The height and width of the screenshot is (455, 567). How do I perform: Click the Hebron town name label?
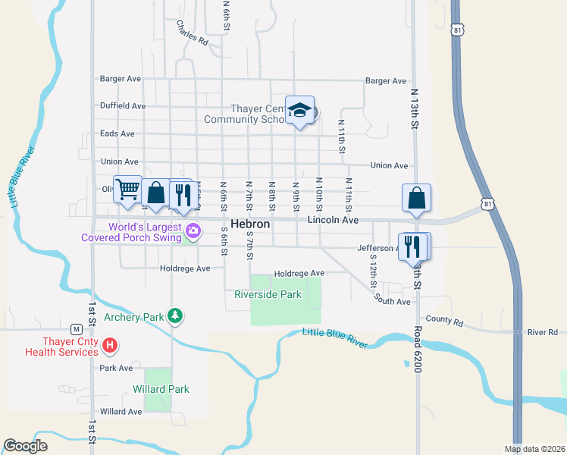tap(250, 225)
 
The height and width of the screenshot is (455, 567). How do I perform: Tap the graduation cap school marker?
tap(300, 111)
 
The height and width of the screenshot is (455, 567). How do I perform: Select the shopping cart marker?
tap(128, 189)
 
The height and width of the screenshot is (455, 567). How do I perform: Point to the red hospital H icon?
tap(110, 346)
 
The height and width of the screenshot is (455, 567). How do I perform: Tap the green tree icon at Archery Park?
tap(175, 315)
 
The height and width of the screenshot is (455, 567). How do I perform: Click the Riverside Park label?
tap(268, 294)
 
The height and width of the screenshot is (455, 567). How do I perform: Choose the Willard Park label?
tap(161, 389)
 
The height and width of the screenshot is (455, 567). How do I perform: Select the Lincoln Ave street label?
tap(333, 220)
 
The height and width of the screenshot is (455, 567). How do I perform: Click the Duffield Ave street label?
tap(123, 106)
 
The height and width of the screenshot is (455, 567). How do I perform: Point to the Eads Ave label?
tap(117, 133)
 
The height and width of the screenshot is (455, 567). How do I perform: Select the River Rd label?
tap(543, 332)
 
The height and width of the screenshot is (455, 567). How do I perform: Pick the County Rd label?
tap(444, 321)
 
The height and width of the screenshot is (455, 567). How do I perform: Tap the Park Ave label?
tap(117, 368)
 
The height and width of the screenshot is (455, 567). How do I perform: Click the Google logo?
tap(25, 446)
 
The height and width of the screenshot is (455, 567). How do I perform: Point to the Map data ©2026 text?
tap(534, 449)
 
